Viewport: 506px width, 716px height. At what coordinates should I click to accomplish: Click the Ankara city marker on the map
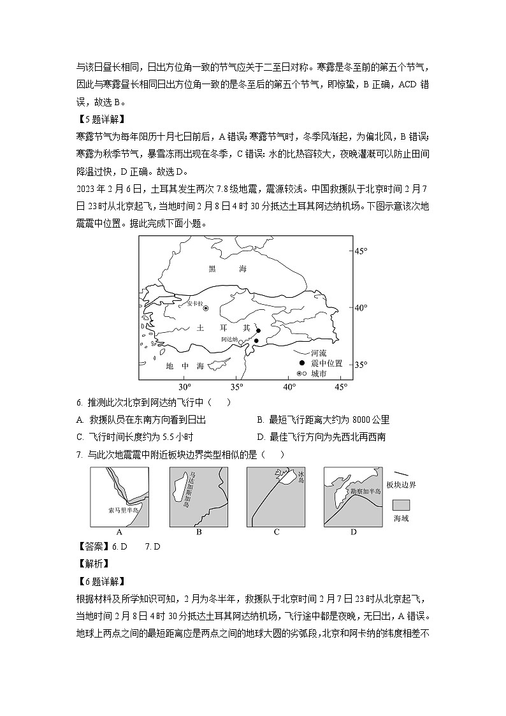[x=205, y=308]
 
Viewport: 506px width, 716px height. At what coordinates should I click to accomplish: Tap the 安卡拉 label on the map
[x=194, y=304]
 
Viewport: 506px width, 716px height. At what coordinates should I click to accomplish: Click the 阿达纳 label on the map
[x=229, y=339]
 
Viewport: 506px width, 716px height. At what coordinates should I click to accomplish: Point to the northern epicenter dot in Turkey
[x=258, y=330]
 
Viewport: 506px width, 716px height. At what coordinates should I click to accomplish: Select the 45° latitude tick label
[x=361, y=251]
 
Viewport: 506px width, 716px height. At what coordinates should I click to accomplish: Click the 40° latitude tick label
[x=361, y=308]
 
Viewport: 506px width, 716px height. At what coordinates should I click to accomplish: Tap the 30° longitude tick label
[x=184, y=387]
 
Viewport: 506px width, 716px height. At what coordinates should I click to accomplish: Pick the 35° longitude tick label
[x=236, y=387]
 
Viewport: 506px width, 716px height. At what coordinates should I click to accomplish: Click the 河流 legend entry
[x=319, y=353]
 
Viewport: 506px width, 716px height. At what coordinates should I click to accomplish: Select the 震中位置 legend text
[x=326, y=363]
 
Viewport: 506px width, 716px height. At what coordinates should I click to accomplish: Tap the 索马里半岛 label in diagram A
[x=124, y=511]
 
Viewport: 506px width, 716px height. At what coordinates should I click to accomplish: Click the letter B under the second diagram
[x=199, y=532]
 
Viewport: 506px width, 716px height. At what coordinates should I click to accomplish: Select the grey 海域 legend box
[x=401, y=505]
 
